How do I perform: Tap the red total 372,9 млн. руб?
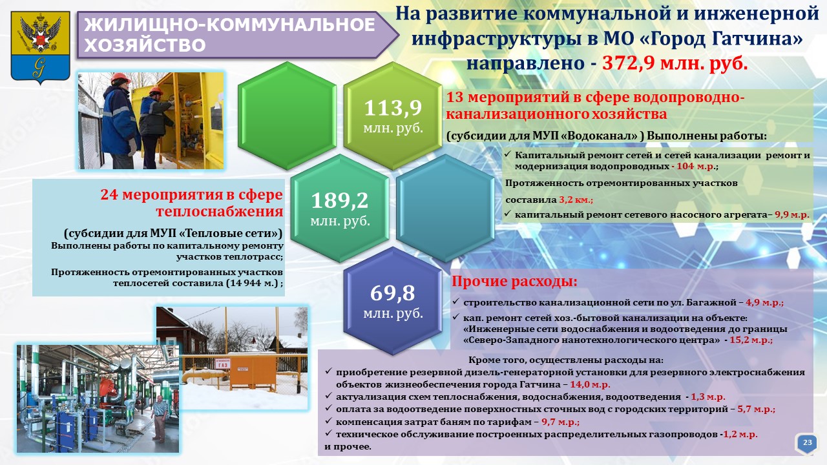[x=675, y=63]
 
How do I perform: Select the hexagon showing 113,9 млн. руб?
[x=393, y=116]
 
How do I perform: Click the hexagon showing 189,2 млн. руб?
[x=340, y=208]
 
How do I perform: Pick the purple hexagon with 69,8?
[x=393, y=301]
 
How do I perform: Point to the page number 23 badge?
[x=808, y=442]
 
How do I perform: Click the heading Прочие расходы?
[x=514, y=282]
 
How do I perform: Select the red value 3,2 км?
[x=576, y=200]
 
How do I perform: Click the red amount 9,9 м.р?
[x=792, y=214]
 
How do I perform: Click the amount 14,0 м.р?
[x=590, y=384]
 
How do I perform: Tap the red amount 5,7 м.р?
[x=756, y=409]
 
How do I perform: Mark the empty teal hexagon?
[x=446, y=208]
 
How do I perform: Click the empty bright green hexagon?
[x=287, y=116]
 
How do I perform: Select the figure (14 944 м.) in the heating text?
[x=253, y=284]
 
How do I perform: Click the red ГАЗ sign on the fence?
[x=223, y=363]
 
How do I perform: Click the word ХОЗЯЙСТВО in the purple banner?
[x=145, y=45]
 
